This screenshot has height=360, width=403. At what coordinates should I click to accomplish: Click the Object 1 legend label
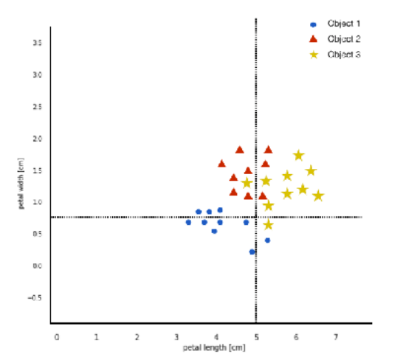coord(343,24)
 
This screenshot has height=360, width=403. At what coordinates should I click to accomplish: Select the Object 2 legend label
coord(343,38)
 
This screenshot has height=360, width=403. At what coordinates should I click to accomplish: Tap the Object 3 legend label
coord(343,54)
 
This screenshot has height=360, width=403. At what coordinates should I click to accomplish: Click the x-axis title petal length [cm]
coord(214,347)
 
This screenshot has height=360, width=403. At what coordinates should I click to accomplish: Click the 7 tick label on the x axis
coord(336,336)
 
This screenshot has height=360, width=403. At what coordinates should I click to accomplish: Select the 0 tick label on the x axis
coord(57,336)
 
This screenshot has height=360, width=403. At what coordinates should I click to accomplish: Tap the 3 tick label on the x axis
coord(176,336)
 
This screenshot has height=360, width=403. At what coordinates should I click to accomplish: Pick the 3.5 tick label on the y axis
coord(37,43)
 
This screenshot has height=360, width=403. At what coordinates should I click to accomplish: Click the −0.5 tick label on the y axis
coord(35,298)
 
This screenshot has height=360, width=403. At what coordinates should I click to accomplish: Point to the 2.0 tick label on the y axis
coord(37,139)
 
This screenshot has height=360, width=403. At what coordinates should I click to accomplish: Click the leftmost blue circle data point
coord(188,222)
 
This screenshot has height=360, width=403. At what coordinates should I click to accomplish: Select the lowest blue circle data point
coord(252,252)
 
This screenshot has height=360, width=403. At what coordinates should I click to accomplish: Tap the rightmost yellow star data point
coord(318,195)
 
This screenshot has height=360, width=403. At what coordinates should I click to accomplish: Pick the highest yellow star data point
coord(298,155)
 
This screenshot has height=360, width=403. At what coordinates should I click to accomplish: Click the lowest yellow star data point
coord(268,224)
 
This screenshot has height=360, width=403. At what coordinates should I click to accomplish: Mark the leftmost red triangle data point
coord(221,164)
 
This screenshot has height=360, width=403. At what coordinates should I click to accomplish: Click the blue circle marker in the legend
coord(314,24)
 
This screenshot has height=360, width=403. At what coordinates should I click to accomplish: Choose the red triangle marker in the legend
coord(314,38)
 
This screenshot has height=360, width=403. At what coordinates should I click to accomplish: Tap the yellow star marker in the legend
coord(314,54)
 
